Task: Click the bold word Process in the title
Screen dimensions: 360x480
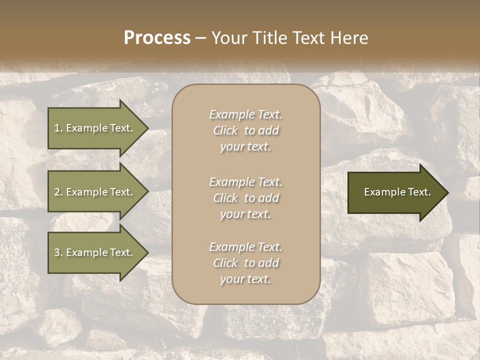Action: pos(157,37)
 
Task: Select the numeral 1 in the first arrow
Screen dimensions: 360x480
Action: pos(56,128)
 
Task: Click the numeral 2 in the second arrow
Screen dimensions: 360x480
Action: pos(56,192)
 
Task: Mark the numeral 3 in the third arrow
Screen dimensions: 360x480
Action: pos(56,252)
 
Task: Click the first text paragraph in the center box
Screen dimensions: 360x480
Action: pos(245,130)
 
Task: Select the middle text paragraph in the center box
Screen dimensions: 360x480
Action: pos(245,198)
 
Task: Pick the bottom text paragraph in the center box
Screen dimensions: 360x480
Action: pos(245,263)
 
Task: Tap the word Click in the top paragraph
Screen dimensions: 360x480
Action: pos(225,130)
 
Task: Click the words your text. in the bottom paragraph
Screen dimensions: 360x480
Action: pos(245,279)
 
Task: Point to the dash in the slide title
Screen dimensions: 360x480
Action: pos(201,38)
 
